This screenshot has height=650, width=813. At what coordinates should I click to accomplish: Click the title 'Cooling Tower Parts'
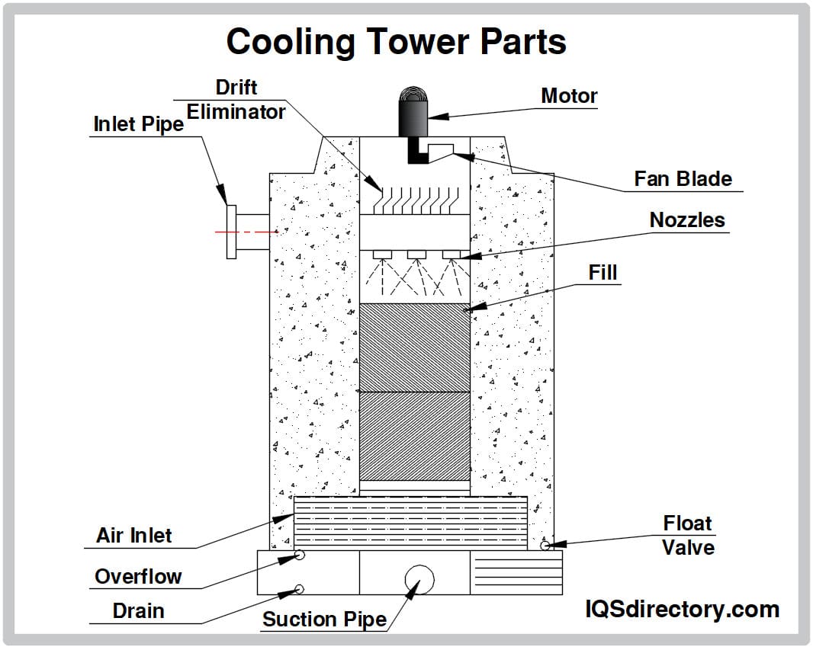[x=396, y=41]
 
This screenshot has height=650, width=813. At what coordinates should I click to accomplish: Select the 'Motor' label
[x=569, y=96]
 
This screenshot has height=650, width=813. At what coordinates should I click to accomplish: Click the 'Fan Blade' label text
[x=683, y=179]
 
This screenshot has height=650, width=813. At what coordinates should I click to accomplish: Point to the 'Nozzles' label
[x=687, y=220]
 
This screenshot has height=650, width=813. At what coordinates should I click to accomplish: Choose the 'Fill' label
[x=603, y=273]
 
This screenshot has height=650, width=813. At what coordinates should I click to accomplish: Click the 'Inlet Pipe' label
[x=139, y=124]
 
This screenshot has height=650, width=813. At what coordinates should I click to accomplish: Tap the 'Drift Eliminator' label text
[x=236, y=100]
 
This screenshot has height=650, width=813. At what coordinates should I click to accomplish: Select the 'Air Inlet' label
[x=134, y=536]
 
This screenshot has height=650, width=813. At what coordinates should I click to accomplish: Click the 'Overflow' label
[x=138, y=577]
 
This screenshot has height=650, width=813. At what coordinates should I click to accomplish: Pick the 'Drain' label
[x=138, y=611]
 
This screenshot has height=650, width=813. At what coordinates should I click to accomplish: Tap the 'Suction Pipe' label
[x=324, y=620]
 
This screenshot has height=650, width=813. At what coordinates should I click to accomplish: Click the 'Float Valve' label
[x=688, y=536]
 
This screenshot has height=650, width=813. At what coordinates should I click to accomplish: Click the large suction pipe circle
[x=419, y=579]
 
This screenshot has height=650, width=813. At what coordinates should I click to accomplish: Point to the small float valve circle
[x=545, y=545]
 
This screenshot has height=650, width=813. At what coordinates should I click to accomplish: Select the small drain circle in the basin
[x=299, y=588]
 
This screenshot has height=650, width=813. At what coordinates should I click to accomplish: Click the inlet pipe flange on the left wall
[x=232, y=232]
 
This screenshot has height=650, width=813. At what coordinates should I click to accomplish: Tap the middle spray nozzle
[x=416, y=254]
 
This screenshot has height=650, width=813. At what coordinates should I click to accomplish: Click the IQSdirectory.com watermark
[x=682, y=610]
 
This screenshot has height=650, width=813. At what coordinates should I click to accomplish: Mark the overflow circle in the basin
[x=300, y=556]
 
